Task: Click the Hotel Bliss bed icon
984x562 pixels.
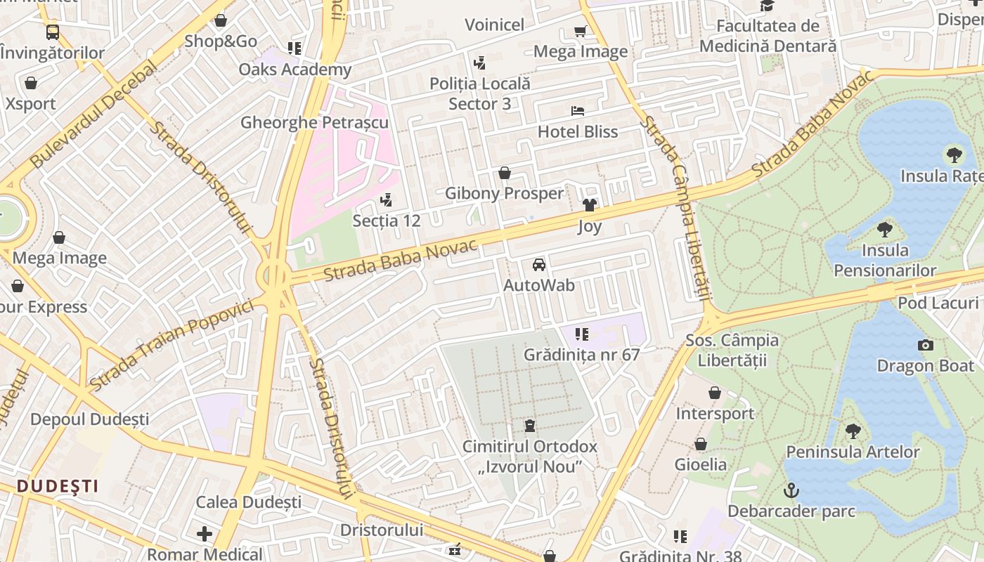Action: click(578, 111)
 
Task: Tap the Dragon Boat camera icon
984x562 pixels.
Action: click(926, 345)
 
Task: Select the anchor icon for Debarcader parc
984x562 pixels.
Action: click(791, 490)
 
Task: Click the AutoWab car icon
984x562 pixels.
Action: click(539, 265)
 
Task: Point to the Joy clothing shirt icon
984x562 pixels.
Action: click(590, 205)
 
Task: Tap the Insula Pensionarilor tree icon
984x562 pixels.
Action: click(885, 229)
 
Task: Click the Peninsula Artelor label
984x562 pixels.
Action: click(853, 452)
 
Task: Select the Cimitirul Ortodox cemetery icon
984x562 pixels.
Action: click(529, 426)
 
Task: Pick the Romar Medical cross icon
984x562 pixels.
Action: click(205, 534)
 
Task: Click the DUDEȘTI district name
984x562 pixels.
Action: click(58, 486)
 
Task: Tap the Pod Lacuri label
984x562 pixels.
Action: click(938, 303)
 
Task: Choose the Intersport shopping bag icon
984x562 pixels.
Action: click(715, 393)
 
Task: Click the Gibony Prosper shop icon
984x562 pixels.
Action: click(505, 173)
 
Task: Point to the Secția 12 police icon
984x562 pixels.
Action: click(385, 200)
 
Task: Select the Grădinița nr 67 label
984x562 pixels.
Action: click(581, 355)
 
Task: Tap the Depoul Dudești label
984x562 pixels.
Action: click(89, 419)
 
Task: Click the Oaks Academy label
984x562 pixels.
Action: click(294, 70)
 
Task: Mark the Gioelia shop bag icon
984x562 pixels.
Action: click(701, 444)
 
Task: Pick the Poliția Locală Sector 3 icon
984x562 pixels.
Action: click(480, 63)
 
